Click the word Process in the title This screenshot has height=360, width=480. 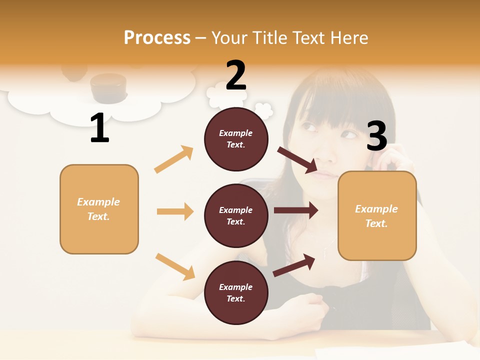click(157, 37)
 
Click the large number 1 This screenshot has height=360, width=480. click(99, 128)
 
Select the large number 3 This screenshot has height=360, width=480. click(376, 135)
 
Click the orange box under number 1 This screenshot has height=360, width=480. click(99, 209)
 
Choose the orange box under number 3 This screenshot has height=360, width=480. click(377, 215)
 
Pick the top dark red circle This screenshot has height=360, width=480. click(236, 139)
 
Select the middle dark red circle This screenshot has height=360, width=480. click(236, 215)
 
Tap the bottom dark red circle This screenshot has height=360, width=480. click(236, 292)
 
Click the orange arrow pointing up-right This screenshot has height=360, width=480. click(174, 159)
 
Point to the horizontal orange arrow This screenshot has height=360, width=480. click(175, 211)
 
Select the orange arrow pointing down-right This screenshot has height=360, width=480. click(175, 266)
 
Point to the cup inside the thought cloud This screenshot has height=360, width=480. click(108, 87)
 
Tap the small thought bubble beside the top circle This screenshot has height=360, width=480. click(263, 108)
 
